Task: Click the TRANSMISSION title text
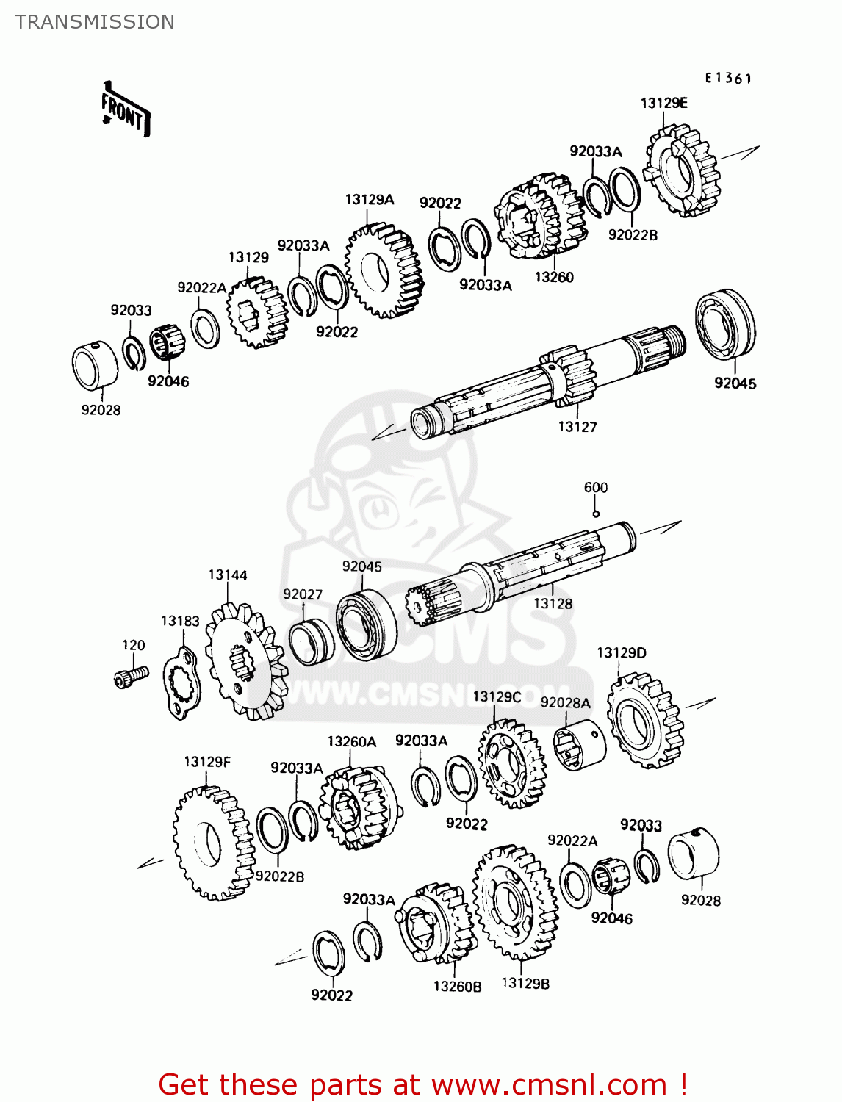click(95, 22)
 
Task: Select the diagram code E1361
click(728, 78)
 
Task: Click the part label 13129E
click(663, 103)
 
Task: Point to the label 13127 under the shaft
click(577, 427)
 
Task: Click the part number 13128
click(553, 603)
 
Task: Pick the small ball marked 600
click(596, 514)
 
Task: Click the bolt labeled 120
click(132, 675)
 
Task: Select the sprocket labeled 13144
click(245, 660)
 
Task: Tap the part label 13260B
click(457, 987)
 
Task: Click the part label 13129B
click(525, 983)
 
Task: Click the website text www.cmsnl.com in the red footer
click(548, 1084)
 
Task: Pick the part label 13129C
click(497, 696)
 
